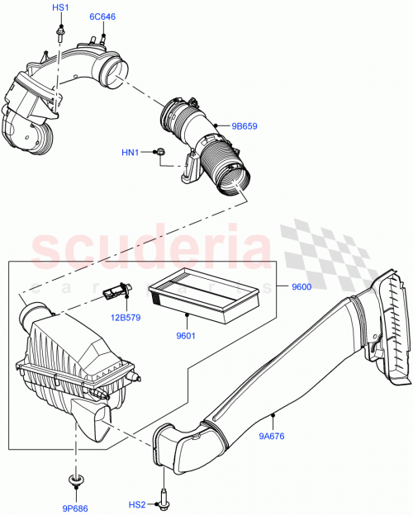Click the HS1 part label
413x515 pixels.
click(x=61, y=7)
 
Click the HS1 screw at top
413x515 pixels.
click(x=60, y=32)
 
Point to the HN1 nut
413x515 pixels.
click(x=161, y=152)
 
